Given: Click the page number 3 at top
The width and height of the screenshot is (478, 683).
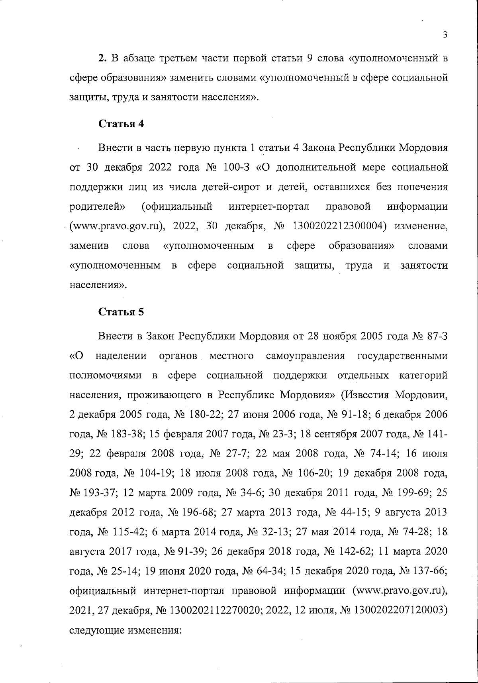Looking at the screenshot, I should (445, 35).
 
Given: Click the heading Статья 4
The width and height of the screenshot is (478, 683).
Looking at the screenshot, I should (121, 124).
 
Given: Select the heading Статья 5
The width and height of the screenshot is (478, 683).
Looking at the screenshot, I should (121, 312).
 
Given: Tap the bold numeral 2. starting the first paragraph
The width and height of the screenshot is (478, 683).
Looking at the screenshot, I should (102, 59).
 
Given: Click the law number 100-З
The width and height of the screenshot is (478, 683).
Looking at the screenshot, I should (237, 167).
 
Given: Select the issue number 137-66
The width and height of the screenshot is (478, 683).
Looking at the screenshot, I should (432, 571).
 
